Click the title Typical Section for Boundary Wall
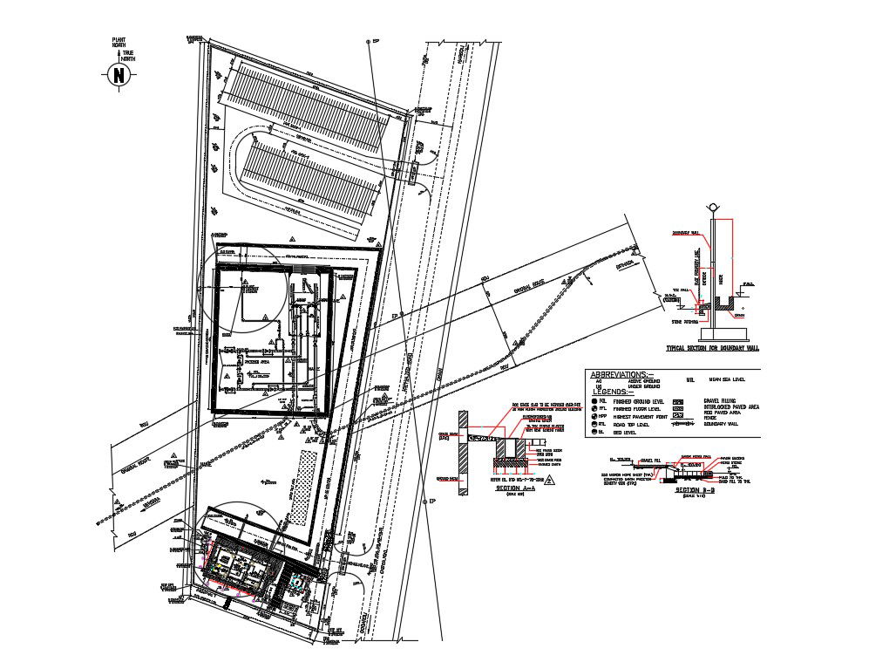712,348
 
